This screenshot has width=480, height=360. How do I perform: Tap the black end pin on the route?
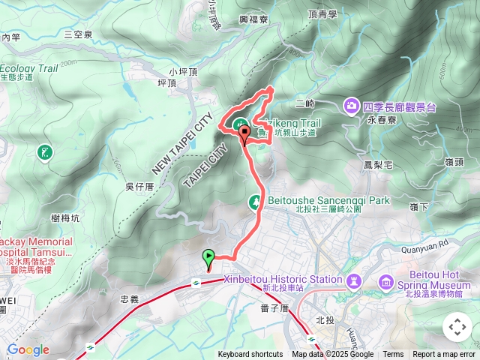click(244, 134)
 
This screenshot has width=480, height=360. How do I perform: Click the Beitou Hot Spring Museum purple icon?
click(386, 282)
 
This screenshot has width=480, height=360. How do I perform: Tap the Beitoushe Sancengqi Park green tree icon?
click(255, 201)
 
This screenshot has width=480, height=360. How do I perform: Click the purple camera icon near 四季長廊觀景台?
click(352, 106)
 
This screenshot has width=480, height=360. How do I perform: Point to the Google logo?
click(28, 349)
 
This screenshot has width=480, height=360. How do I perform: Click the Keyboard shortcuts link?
click(250, 355)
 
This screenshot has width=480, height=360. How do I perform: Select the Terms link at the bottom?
click(393, 355)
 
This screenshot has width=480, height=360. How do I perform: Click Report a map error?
click(445, 355)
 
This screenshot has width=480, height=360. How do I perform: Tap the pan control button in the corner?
click(457, 327)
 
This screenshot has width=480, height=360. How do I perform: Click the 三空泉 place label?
click(78, 34)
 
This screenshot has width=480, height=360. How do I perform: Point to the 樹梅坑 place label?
click(66, 217)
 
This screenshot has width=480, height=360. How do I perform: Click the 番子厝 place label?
click(274, 307)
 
